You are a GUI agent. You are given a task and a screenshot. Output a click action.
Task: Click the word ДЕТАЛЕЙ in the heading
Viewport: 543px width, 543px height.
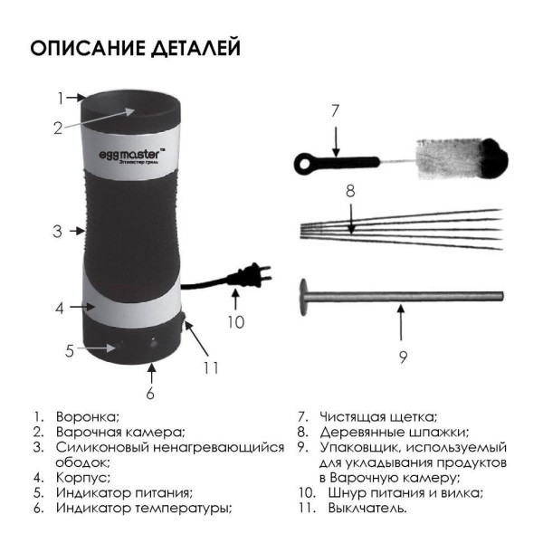[196, 48]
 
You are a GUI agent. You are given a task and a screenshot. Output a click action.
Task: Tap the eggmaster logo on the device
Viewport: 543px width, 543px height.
[132, 154]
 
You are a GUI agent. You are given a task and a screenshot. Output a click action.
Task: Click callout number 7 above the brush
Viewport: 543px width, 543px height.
[335, 110]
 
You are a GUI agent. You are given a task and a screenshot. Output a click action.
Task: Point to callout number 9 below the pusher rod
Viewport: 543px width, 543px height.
[403, 357]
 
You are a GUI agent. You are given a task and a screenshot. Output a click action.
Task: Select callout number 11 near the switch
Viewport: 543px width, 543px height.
[211, 367]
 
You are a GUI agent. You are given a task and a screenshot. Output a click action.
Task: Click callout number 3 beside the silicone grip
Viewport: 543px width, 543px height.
[58, 231]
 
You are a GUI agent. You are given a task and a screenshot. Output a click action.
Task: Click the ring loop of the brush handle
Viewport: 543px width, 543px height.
[304, 164]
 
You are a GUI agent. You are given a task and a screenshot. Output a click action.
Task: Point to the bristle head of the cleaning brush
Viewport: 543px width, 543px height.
[462, 159]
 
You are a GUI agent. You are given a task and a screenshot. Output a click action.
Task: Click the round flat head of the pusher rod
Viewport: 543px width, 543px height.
[304, 297]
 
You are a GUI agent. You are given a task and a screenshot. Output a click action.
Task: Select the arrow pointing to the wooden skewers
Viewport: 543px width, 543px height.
[351, 219]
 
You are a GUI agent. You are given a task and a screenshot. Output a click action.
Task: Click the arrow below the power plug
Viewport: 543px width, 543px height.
[235, 299]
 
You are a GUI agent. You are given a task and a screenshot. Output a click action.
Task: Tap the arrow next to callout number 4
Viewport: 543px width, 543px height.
[82, 307]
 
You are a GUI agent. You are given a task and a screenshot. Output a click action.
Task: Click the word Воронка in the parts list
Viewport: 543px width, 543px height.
[88, 416]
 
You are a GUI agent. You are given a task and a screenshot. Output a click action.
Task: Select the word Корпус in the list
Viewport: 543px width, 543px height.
[83, 478]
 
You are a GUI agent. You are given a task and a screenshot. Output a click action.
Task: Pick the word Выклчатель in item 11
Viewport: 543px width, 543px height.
[367, 509]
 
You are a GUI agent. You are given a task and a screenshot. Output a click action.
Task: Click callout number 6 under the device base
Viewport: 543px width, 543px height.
[150, 394]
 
